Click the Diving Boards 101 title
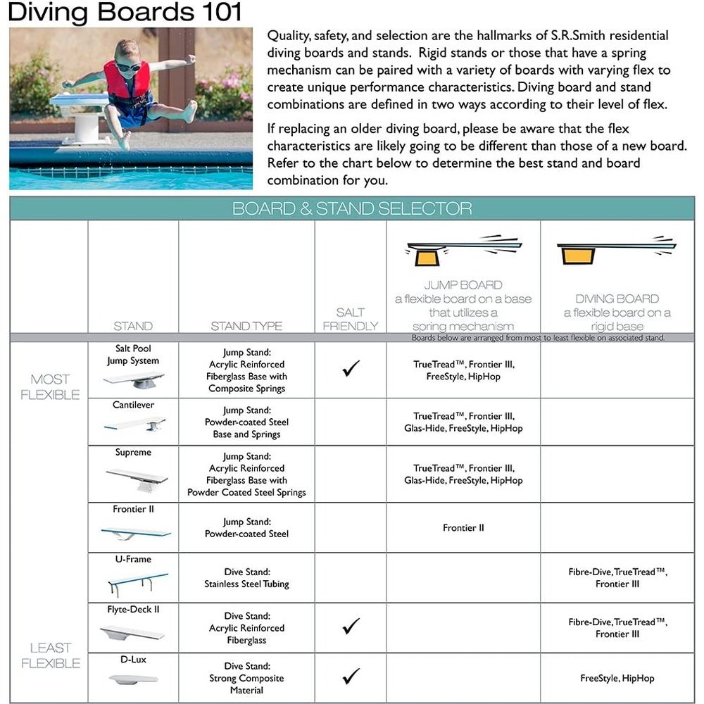tap(126, 13)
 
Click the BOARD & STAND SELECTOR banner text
tap(352, 209)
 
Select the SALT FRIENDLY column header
tap(350, 319)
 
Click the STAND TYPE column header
tap(246, 326)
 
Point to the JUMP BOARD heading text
tap(463, 285)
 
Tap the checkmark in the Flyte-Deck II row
tap(351, 625)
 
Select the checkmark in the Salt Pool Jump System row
tap(351, 368)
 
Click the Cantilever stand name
tap(133, 406)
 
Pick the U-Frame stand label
tap(133, 560)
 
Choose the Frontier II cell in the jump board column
tap(463, 527)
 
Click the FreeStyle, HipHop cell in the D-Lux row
tap(617, 678)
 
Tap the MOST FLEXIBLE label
tap(50, 387)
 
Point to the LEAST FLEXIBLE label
tap(50, 655)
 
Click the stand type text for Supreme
tap(246, 474)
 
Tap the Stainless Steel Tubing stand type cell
tap(246, 577)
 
